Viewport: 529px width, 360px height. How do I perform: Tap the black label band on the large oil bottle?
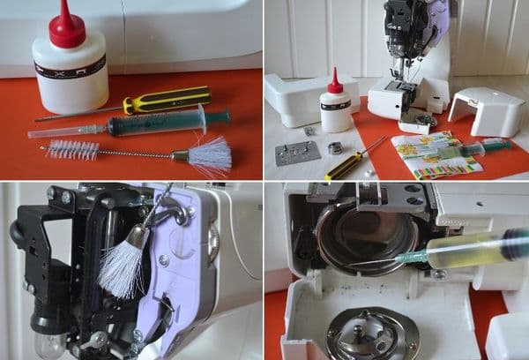point(70,66)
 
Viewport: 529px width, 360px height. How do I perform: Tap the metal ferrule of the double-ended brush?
point(180,156)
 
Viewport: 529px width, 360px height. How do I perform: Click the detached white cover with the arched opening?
point(488,111)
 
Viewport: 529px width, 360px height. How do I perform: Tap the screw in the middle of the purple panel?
point(163,260)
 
